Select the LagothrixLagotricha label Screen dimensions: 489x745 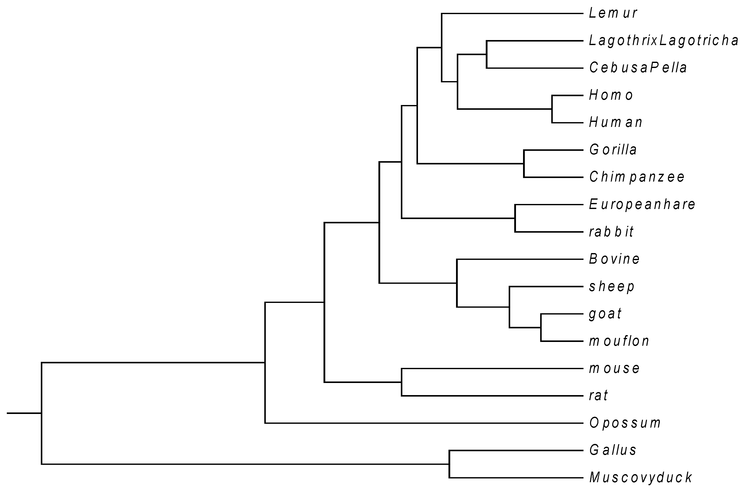[663, 41]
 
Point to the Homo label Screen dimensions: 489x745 [611, 95]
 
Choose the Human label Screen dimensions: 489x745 [616, 122]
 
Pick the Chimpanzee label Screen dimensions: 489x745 [637, 177]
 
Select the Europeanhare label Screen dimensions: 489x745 [642, 205]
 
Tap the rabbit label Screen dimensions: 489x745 [611, 232]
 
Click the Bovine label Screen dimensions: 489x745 [614, 259]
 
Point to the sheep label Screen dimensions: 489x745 [612, 287]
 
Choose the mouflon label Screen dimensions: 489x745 [619, 341]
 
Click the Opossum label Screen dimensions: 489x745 [625, 423]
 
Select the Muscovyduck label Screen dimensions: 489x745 [640, 478]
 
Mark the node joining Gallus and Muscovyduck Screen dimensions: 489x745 [449, 464]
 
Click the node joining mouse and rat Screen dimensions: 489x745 [402, 382]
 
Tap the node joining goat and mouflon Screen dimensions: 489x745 [541, 328]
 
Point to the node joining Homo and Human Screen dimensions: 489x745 [552, 109]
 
